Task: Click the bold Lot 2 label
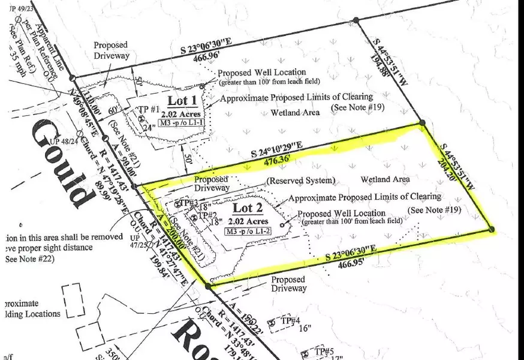pyautogui.click(x=243, y=208)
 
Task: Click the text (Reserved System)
pyautogui.click(x=300, y=181)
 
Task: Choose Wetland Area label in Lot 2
pyautogui.click(x=386, y=179)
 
